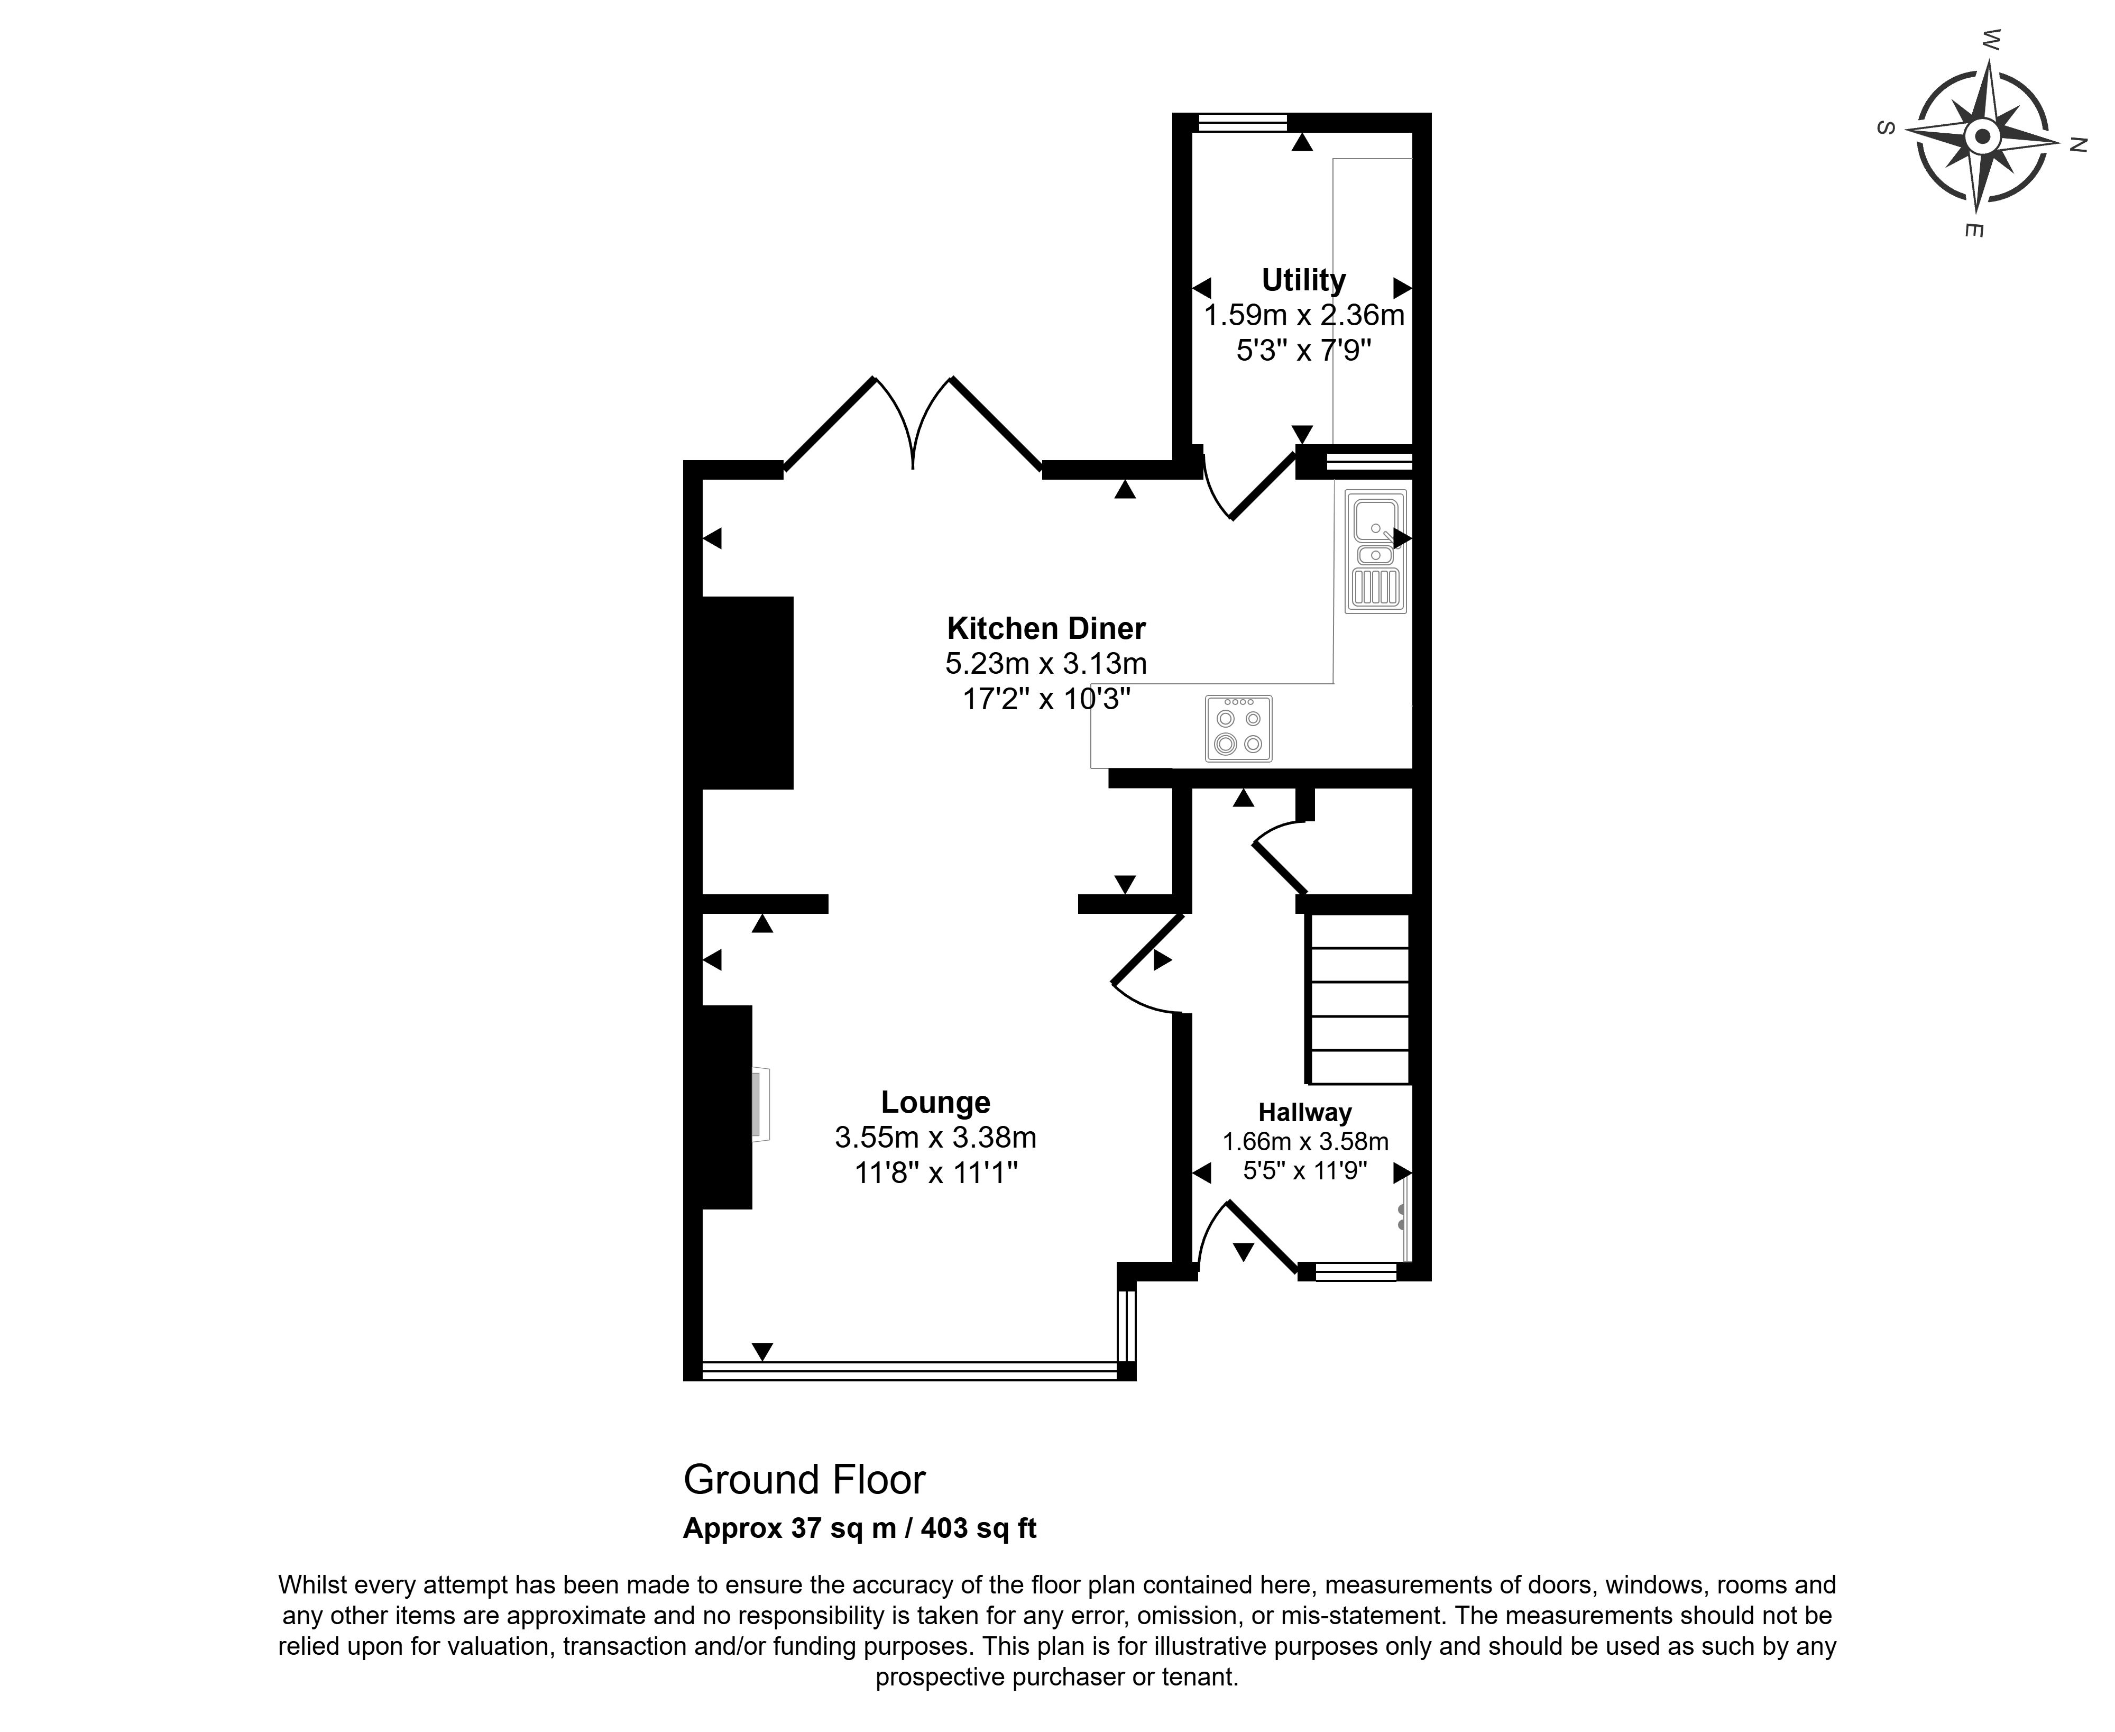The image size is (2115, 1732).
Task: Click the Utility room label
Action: click(1303, 280)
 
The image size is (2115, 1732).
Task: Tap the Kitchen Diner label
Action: click(1045, 629)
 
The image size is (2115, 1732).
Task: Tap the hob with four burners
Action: click(1238, 728)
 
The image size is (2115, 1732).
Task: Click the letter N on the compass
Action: click(2077, 145)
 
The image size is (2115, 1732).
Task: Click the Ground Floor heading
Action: click(804, 1480)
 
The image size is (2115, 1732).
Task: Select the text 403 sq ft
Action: click(979, 1528)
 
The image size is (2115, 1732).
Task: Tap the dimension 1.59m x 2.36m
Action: click(1304, 315)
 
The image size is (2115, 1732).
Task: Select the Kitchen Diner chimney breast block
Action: click(747, 692)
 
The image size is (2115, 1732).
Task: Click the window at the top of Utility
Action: click(1242, 123)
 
